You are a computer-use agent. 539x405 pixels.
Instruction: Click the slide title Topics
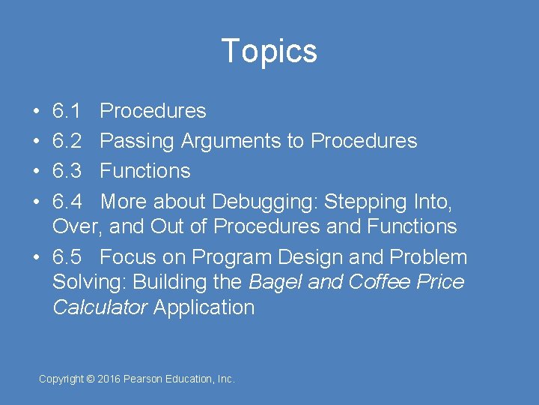(x=269, y=52)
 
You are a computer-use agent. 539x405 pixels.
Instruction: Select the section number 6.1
(x=67, y=111)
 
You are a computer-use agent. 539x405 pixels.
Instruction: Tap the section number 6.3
(x=67, y=171)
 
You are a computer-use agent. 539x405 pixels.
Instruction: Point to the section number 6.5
(x=67, y=257)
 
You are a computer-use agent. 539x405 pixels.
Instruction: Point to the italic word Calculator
(x=100, y=307)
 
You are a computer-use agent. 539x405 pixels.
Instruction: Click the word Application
(x=204, y=307)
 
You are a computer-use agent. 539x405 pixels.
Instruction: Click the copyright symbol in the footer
(x=91, y=379)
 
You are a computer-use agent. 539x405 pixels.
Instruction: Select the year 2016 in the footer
(x=109, y=379)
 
